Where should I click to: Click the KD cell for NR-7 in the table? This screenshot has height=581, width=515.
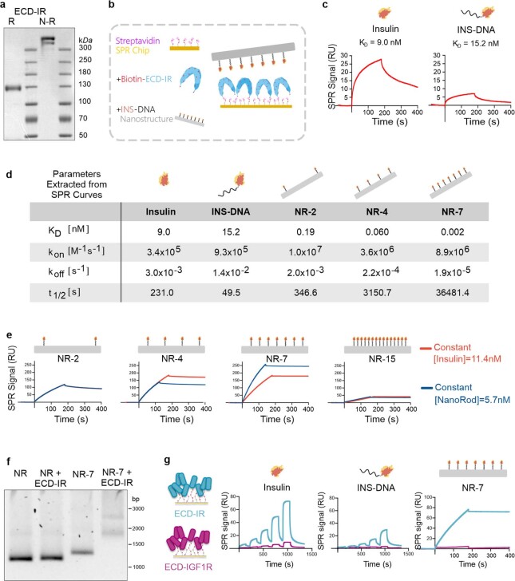(x=453, y=232)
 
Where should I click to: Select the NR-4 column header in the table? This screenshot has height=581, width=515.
(x=377, y=211)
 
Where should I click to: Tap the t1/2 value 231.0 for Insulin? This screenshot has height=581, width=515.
(x=162, y=293)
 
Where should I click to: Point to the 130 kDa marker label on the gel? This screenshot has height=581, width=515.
(x=85, y=84)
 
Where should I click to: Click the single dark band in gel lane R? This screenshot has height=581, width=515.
(x=14, y=88)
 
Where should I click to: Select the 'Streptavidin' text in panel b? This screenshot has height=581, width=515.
(x=137, y=41)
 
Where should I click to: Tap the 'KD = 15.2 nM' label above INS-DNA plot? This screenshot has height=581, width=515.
(x=475, y=44)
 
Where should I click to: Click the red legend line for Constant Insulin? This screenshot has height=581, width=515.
(x=426, y=348)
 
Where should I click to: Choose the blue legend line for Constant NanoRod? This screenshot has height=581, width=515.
(x=426, y=388)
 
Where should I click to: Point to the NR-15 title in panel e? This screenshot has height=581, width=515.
(x=382, y=359)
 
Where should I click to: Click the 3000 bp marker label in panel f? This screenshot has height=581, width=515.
(x=509, y=508)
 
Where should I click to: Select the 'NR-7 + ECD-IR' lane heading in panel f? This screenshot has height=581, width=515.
(x=117, y=477)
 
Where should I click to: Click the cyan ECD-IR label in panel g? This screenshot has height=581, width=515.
(x=189, y=514)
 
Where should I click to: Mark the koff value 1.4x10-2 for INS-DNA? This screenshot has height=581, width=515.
(x=231, y=272)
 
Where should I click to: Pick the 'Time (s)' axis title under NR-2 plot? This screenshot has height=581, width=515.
(x=71, y=419)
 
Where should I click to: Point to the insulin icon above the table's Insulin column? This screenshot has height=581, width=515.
(x=164, y=180)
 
